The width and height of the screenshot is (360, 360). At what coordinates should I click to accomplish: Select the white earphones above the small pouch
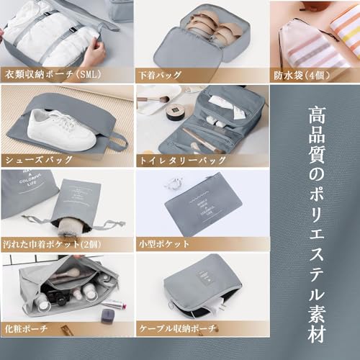click(173, 184)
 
